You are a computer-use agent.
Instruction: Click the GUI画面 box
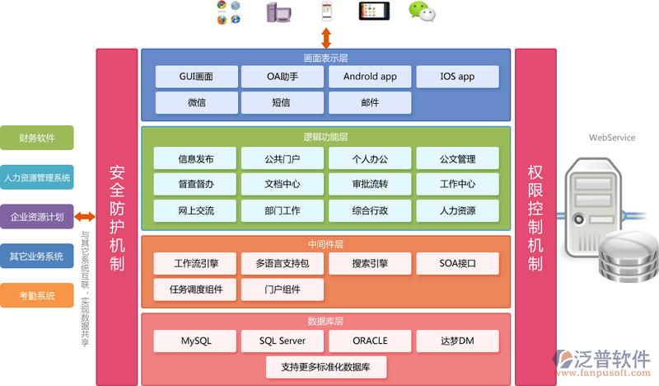click(196, 77)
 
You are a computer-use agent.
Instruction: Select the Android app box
click(370, 77)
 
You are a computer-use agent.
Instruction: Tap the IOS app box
click(457, 77)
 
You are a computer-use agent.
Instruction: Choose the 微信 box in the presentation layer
click(196, 103)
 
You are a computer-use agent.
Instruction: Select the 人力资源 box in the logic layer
click(457, 210)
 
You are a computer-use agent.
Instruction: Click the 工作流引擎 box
click(196, 264)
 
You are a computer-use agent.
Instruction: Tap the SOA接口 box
click(457, 264)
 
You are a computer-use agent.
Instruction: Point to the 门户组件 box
click(283, 289)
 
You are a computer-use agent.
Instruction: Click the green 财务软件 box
click(37, 138)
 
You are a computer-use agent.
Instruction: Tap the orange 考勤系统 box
click(37, 295)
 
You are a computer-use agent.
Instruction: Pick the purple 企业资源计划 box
click(37, 217)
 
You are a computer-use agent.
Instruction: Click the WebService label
click(612, 138)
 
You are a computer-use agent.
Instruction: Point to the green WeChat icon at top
click(423, 12)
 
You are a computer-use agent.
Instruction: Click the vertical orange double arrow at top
click(326, 37)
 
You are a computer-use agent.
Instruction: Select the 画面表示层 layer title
click(326, 59)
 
